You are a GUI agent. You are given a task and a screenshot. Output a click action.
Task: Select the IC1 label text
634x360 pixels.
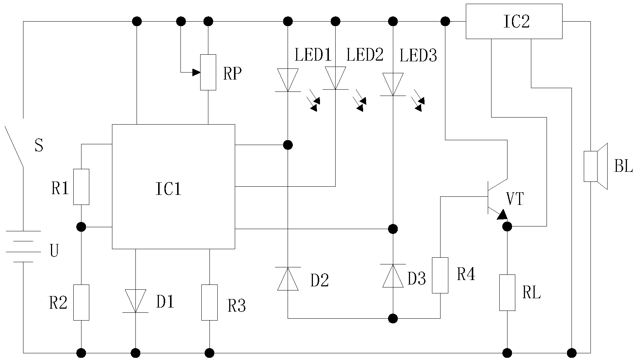[x=169, y=189]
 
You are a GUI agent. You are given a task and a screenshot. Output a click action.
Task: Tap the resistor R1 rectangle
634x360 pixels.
[x=81, y=187]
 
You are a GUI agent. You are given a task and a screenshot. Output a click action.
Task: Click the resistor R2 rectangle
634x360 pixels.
[x=81, y=303]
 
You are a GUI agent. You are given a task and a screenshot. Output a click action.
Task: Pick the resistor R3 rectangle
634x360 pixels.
[x=209, y=303]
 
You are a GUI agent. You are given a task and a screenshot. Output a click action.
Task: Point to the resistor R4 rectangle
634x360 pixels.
[x=440, y=275]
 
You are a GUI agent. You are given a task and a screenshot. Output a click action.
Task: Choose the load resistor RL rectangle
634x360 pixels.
[x=507, y=293]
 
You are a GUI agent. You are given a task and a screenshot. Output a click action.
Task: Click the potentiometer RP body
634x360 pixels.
[x=208, y=72]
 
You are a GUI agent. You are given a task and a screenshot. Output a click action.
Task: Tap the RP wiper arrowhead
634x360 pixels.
[x=196, y=73]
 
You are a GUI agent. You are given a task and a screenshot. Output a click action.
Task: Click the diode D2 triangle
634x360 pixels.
[x=288, y=279]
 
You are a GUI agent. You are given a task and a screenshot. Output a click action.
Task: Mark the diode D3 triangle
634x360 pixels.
[x=393, y=276]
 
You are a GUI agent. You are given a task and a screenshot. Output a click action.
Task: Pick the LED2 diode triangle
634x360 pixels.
[x=335, y=78]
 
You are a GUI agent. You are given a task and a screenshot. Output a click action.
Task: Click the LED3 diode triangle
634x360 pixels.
[x=393, y=84]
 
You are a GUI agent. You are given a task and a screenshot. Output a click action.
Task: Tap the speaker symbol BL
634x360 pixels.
[x=596, y=166]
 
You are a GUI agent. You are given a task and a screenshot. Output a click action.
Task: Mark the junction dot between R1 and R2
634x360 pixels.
[x=81, y=227]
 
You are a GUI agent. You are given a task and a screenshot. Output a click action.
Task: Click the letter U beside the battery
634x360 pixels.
[x=54, y=251]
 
